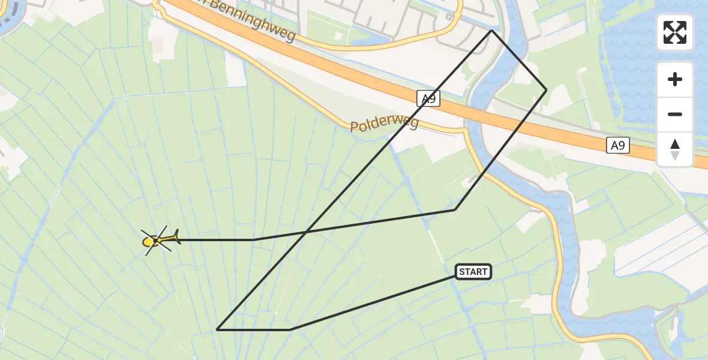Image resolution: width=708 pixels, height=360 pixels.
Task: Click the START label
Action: coord(473,272)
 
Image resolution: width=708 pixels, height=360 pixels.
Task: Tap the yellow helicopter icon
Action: coord(157,241)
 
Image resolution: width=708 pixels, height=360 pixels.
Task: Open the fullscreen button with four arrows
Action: coord(675,32)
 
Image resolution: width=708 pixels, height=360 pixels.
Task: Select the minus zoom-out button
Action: coord(675,115)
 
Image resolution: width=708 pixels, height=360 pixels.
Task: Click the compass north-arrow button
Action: coord(675,149)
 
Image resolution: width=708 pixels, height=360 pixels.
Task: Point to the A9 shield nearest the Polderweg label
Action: coord(428,98)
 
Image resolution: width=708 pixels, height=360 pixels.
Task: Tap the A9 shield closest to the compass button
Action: coord(617,145)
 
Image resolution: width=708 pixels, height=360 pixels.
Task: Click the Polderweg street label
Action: coord(383,124)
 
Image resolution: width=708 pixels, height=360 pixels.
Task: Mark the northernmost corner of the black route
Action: coord(491,30)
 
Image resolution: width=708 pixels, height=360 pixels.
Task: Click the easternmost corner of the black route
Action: coord(546,89)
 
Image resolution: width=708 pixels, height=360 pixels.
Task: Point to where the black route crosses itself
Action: coord(307,231)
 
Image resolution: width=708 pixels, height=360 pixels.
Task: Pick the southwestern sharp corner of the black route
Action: coord(217,329)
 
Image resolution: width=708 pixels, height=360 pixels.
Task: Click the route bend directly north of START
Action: coord(455,209)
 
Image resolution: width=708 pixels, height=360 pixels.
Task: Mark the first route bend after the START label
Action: coord(290,329)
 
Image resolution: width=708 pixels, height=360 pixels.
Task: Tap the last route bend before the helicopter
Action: coord(253,239)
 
